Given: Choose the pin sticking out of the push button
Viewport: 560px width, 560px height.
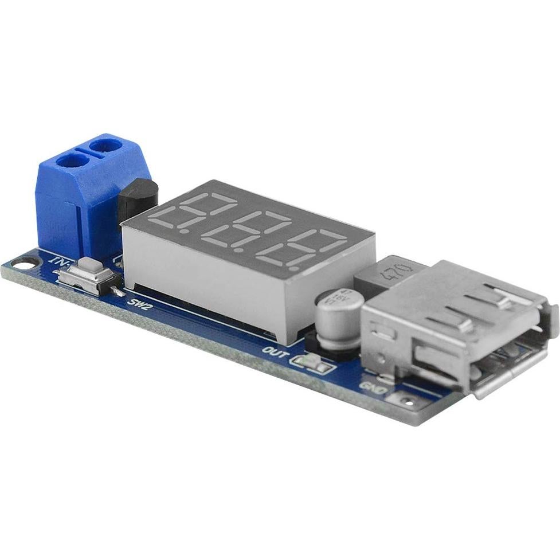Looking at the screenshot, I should (x=119, y=292).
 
